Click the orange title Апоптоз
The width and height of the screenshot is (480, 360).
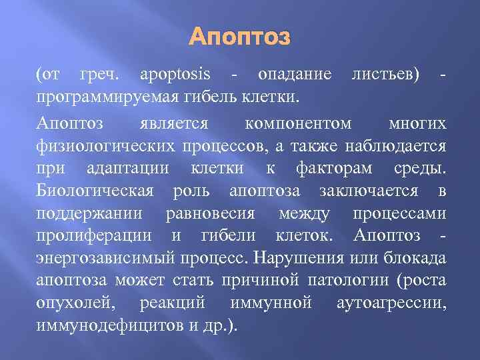click(239, 37)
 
